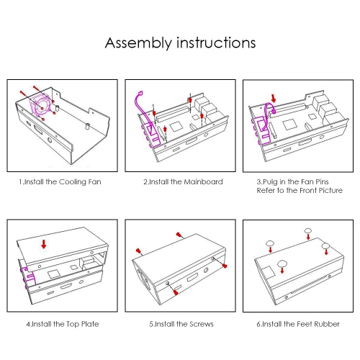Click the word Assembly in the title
pyautogui.click(x=138, y=43)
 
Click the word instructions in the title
pyautogui.click(x=216, y=42)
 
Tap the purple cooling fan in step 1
pyautogui.click(x=40, y=106)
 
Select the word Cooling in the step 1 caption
pyautogui.click(x=72, y=182)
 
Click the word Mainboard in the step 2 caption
pyautogui.click(x=203, y=181)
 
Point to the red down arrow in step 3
pyautogui.click(x=274, y=98)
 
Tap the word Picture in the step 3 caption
pyautogui.click(x=330, y=190)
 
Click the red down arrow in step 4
pyautogui.click(x=44, y=244)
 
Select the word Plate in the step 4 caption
pyautogui.click(x=90, y=324)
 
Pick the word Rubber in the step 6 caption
pyautogui.click(x=327, y=324)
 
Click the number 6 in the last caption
pyautogui.click(x=258, y=324)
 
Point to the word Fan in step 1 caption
pyautogui.click(x=94, y=181)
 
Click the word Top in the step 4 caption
pyautogui.click(x=73, y=324)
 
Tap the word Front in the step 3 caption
pyautogui.click(x=308, y=190)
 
